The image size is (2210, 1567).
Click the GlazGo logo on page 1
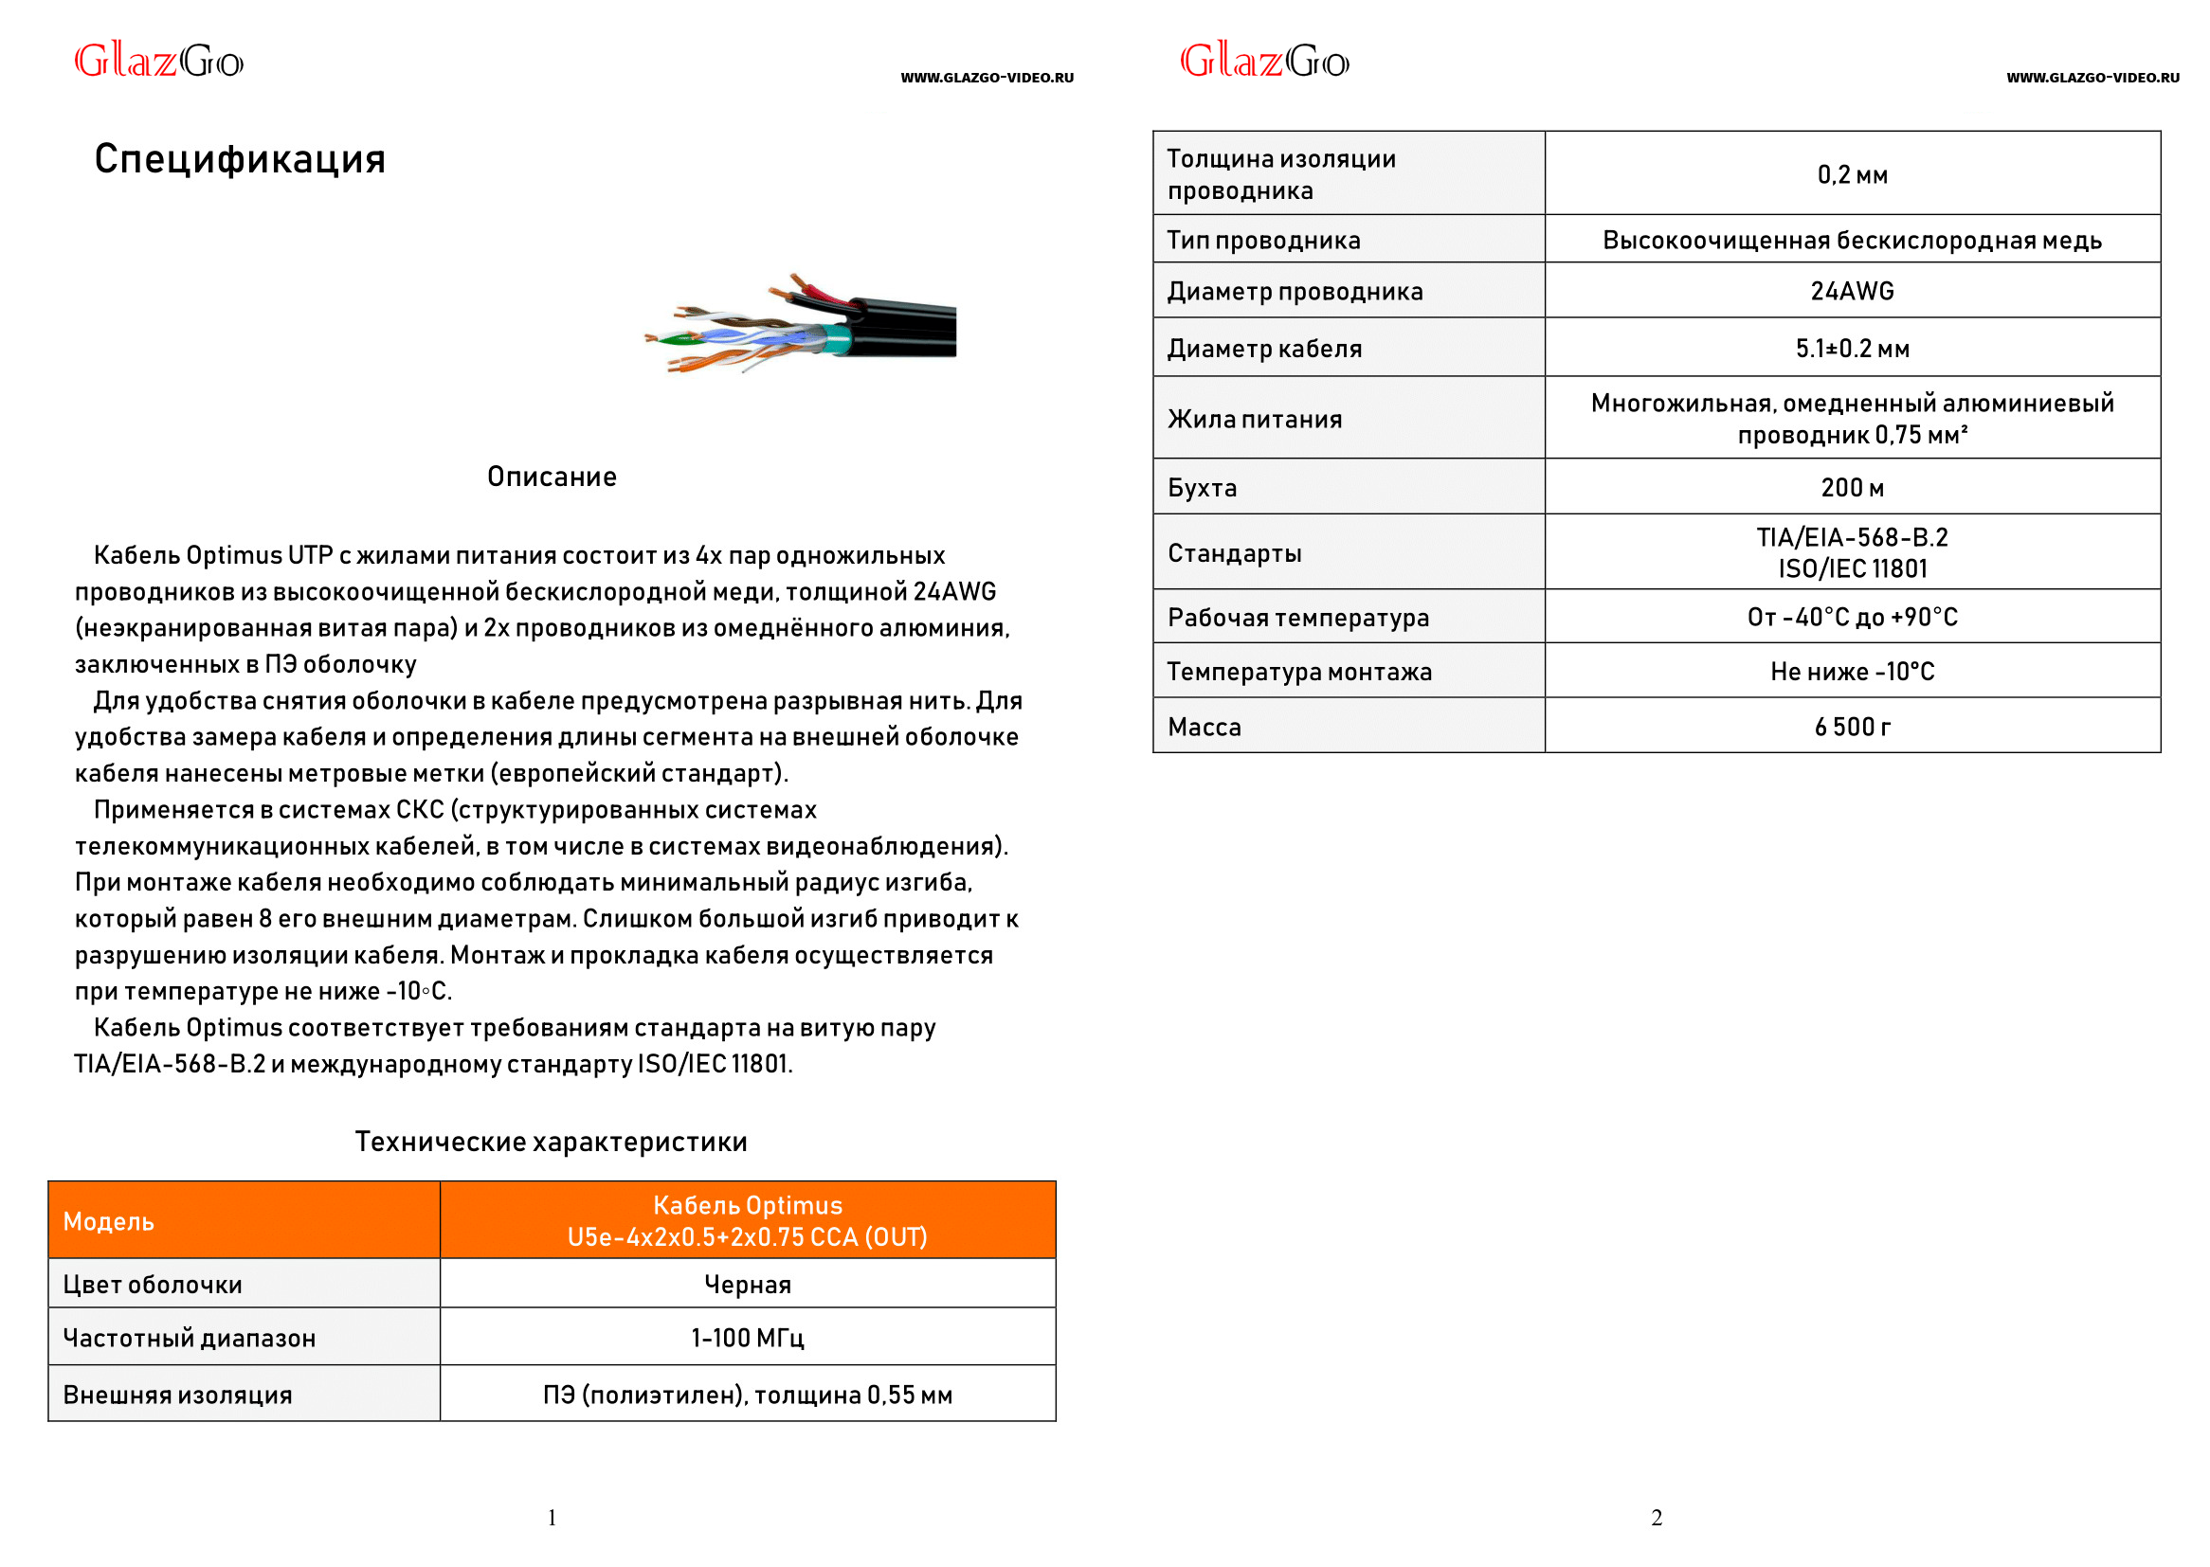[x=159, y=62]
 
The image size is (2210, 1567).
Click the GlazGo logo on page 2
[x=1264, y=62]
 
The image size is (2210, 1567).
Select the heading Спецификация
[x=240, y=159]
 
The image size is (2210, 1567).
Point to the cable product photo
[x=801, y=323]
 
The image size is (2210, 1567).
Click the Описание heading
[x=551, y=477]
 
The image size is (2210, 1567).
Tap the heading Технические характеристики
[x=551, y=1142]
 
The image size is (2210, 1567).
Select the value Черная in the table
[x=748, y=1285]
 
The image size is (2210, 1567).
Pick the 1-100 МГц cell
[x=748, y=1339]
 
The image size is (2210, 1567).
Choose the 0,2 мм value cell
[x=1852, y=174]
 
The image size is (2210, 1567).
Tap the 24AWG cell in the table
[x=1852, y=291]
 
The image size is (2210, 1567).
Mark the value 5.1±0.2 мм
[x=1852, y=349]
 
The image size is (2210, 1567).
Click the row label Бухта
[x=1202, y=487]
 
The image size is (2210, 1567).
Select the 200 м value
[x=1852, y=487]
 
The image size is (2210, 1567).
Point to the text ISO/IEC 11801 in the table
[x=1852, y=568]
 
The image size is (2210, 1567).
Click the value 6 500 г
[x=1852, y=727]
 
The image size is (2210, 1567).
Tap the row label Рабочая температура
[x=1298, y=618]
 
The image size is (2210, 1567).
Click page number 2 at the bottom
[x=1656, y=1518]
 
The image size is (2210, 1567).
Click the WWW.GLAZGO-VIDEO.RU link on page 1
[x=987, y=78]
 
